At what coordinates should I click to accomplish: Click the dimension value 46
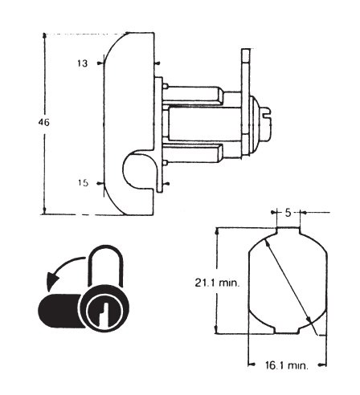point(43,122)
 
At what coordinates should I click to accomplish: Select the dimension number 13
point(83,63)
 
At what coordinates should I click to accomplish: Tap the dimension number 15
point(83,183)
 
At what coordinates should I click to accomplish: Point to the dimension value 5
point(288,213)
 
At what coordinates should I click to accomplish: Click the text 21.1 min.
point(216,283)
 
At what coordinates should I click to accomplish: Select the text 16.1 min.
point(287,365)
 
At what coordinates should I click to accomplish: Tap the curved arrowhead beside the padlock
point(51,282)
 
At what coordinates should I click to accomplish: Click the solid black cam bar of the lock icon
point(60,311)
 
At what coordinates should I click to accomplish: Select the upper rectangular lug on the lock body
point(194,94)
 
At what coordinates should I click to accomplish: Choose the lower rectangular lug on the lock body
point(194,153)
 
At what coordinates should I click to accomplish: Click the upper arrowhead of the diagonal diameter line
point(267,243)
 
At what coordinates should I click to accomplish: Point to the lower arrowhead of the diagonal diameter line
point(309,319)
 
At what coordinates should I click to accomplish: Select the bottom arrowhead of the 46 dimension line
point(44,211)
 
